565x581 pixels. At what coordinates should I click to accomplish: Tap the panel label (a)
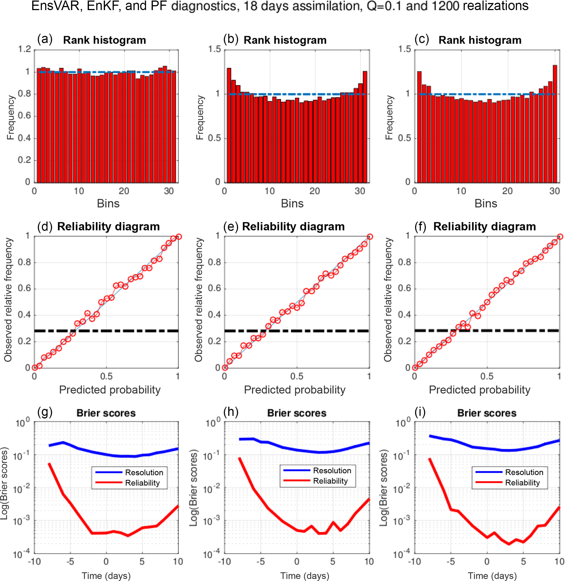tap(45, 39)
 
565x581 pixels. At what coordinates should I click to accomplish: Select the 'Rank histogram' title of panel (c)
tap(480, 40)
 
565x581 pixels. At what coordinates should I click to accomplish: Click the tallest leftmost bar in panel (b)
tap(229, 125)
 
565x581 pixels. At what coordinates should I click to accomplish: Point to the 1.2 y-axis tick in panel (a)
tap(24, 49)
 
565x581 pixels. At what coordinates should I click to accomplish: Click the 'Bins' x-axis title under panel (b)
tap(292, 204)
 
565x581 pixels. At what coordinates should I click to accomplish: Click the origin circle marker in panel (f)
tap(415, 368)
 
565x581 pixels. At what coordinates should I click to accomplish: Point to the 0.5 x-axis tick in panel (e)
tap(297, 376)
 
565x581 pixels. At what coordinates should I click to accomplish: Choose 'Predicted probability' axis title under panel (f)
tap(479, 390)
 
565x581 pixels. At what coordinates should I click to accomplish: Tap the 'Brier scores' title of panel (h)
tap(297, 413)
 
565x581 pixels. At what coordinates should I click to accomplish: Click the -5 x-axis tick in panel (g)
tap(70, 561)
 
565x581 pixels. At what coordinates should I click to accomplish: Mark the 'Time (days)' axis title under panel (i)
tap(492, 576)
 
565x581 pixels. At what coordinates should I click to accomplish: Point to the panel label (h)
tap(231, 412)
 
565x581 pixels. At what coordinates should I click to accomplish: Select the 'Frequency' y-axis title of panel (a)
tap(11, 117)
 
